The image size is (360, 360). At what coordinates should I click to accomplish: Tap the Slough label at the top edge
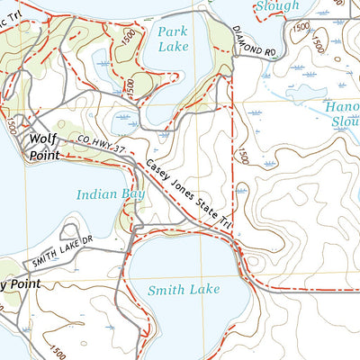[x=275, y=5]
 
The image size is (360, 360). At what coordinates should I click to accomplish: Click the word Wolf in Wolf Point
[x=44, y=139]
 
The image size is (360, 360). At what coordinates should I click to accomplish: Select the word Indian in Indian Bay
[x=94, y=193]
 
